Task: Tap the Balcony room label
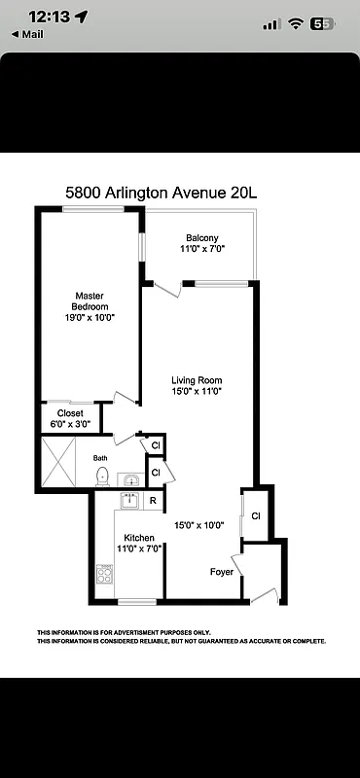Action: tap(202, 238)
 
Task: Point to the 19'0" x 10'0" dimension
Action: tap(90, 318)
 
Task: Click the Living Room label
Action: tap(198, 379)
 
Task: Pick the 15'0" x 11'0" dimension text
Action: tap(198, 392)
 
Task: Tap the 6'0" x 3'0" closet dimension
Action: tap(69, 424)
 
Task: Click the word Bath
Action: tap(100, 457)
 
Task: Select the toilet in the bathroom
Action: tap(102, 476)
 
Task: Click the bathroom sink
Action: tap(129, 478)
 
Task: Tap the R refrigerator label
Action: tap(153, 501)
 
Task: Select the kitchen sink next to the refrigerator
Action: tap(128, 500)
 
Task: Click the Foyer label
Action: tap(222, 572)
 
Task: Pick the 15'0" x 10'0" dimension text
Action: tap(199, 525)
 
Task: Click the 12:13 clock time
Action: tap(47, 17)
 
